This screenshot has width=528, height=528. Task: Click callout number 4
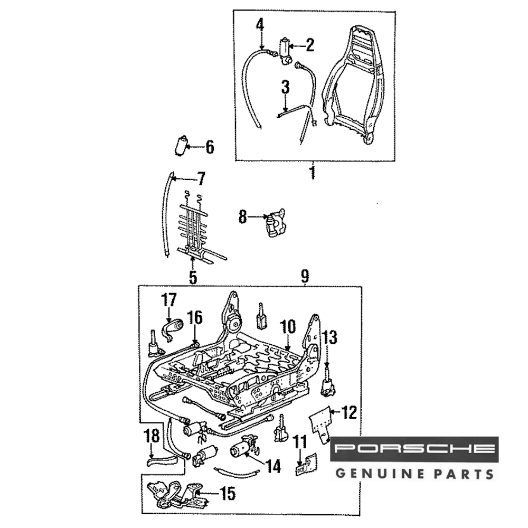[x=260, y=24]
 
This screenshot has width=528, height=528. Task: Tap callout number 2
[x=309, y=45]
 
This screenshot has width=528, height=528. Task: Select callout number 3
[x=285, y=87]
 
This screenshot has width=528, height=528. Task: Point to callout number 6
[x=210, y=147]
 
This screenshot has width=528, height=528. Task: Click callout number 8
[x=242, y=216]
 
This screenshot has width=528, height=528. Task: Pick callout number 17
[x=169, y=300]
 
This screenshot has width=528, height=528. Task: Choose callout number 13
[x=330, y=337]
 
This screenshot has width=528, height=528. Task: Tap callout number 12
[x=350, y=412]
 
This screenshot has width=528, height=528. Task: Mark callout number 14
[x=273, y=466]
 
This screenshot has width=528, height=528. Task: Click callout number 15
[x=228, y=494]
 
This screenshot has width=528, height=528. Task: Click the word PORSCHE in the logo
[x=414, y=449]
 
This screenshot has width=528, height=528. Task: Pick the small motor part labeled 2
[x=286, y=51]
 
